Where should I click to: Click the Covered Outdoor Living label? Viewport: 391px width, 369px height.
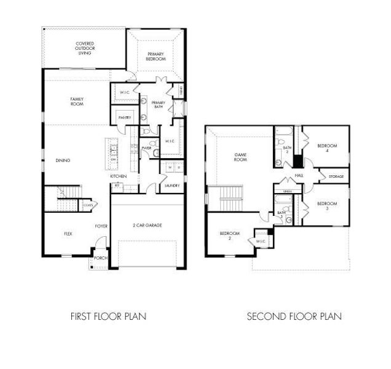tap(84, 48)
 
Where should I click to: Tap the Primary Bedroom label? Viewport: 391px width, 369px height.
tap(156, 57)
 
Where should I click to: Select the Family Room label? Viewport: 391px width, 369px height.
tap(77, 101)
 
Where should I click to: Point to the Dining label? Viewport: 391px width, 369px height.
tap(63, 161)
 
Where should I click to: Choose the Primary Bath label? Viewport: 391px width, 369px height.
tap(151, 105)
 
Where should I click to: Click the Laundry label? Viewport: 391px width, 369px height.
tap(172, 185)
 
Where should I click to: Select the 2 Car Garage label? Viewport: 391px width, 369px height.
tap(148, 226)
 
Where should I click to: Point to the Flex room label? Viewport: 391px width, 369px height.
tap(68, 234)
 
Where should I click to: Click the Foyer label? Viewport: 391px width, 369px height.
tap(101, 226)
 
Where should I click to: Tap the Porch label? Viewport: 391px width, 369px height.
tap(100, 259)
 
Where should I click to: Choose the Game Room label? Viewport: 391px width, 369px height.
tap(239, 157)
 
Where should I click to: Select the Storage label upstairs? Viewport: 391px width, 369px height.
tap(336, 177)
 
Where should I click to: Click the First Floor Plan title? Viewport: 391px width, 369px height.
tap(108, 317)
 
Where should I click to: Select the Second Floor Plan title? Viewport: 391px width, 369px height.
tap(294, 317)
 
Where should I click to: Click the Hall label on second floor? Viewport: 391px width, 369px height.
tap(299, 176)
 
